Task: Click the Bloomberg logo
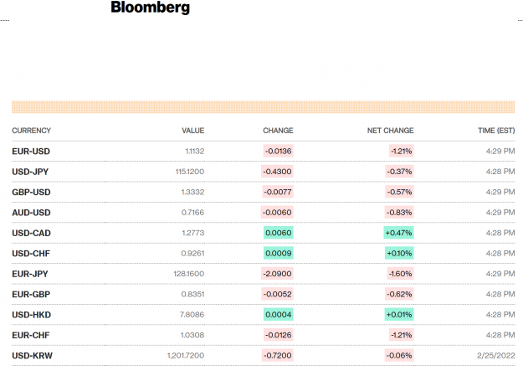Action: pyautogui.click(x=150, y=7)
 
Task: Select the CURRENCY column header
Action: pyautogui.click(x=31, y=131)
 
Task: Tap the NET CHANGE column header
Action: pyautogui.click(x=390, y=131)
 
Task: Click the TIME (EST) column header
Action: pyautogui.click(x=496, y=131)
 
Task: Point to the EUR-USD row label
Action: pyautogui.click(x=31, y=152)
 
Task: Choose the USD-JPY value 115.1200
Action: pyautogui.click(x=190, y=172)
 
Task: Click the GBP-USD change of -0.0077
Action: pyautogui.click(x=278, y=192)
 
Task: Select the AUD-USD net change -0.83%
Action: pyautogui.click(x=400, y=213)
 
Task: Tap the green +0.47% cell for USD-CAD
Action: pyautogui.click(x=399, y=233)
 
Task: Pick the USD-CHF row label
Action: pyautogui.click(x=31, y=254)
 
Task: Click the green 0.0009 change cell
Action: pyautogui.click(x=279, y=253)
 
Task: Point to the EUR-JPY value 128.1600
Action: pyautogui.click(x=189, y=274)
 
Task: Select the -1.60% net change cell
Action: pyautogui.click(x=401, y=274)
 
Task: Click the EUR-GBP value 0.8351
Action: pyautogui.click(x=192, y=294)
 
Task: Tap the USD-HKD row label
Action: pyautogui.click(x=31, y=315)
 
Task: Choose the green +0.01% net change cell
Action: pyautogui.click(x=399, y=315)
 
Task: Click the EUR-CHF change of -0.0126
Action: pyautogui.click(x=279, y=335)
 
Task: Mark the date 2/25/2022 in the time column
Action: pyautogui.click(x=496, y=356)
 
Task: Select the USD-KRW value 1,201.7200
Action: pyautogui.click(x=186, y=356)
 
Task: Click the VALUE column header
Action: pyautogui.click(x=193, y=131)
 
